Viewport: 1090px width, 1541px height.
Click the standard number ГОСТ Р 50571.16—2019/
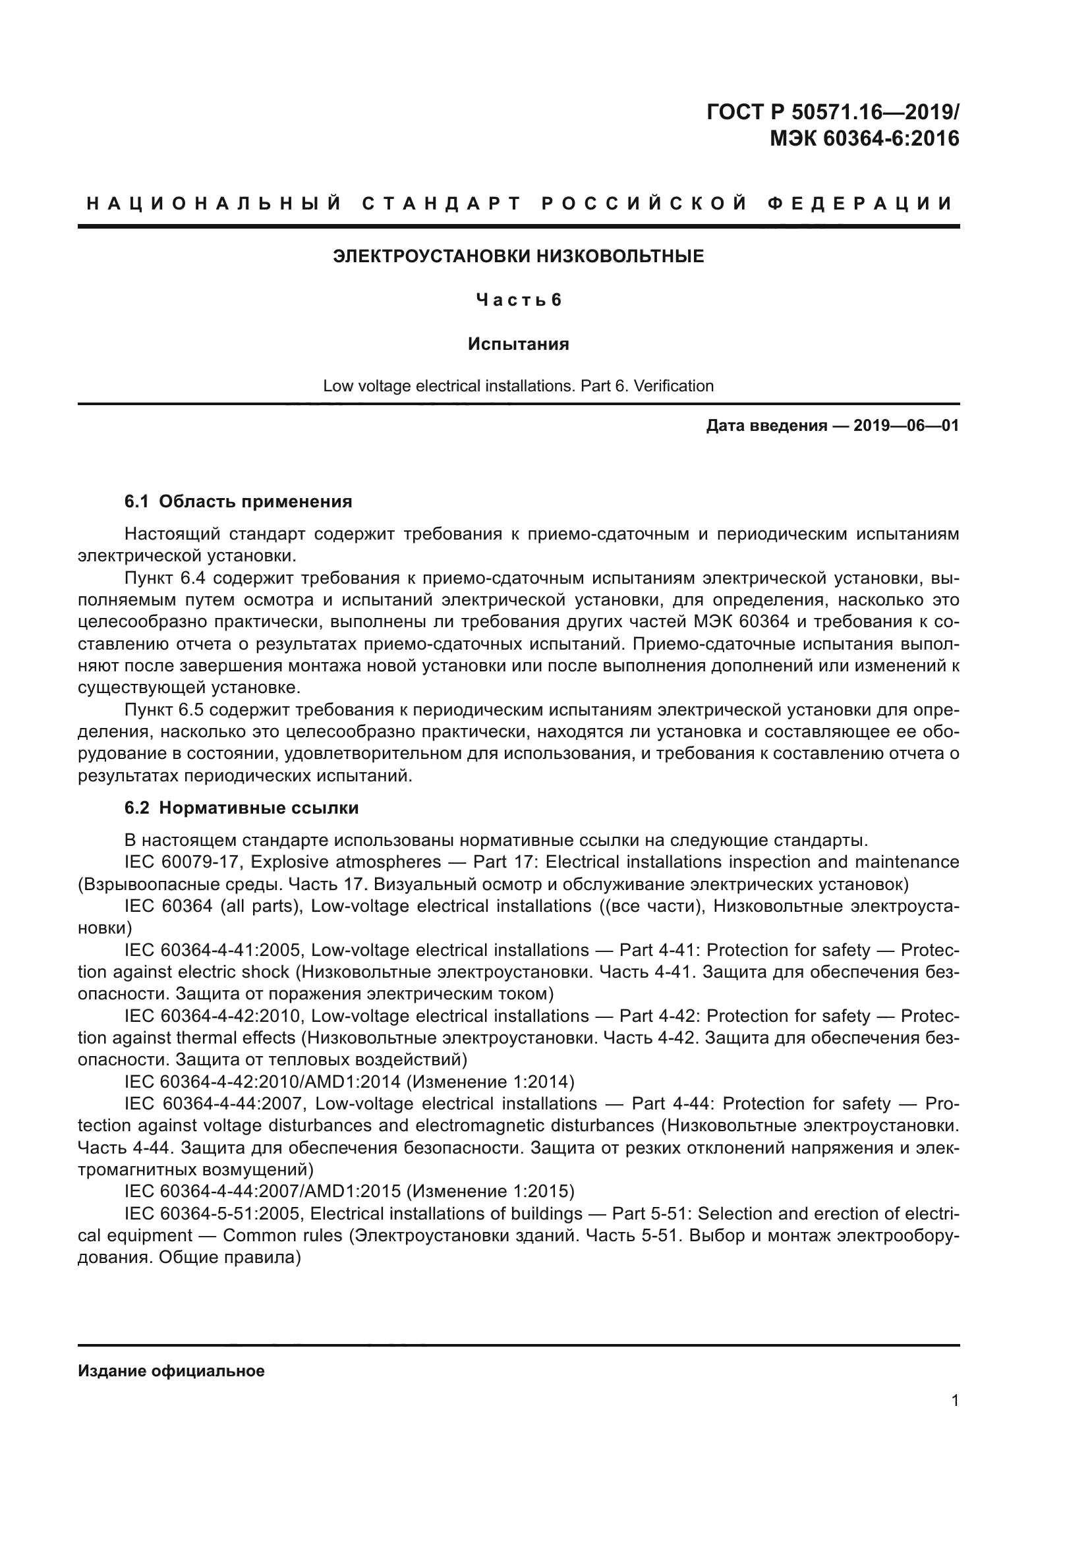point(833,112)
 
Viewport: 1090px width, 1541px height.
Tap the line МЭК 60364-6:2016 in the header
point(865,139)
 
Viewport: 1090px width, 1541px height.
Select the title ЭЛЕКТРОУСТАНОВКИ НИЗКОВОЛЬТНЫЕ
point(518,256)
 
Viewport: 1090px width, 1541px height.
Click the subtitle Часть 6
point(518,300)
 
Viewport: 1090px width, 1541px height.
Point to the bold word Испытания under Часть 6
point(518,345)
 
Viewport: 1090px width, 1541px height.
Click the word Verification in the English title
point(674,386)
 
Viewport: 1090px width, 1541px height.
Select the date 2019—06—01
point(905,426)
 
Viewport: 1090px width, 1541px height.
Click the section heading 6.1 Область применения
point(239,501)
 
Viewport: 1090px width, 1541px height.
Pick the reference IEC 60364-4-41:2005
point(215,951)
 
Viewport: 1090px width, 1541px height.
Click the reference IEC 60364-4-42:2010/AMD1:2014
point(262,1082)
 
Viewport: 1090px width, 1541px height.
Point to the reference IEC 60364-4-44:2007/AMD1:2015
point(262,1191)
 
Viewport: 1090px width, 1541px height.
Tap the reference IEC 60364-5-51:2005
point(215,1214)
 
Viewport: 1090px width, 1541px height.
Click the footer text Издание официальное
point(171,1370)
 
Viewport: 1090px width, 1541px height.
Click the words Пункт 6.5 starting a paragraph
point(159,710)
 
